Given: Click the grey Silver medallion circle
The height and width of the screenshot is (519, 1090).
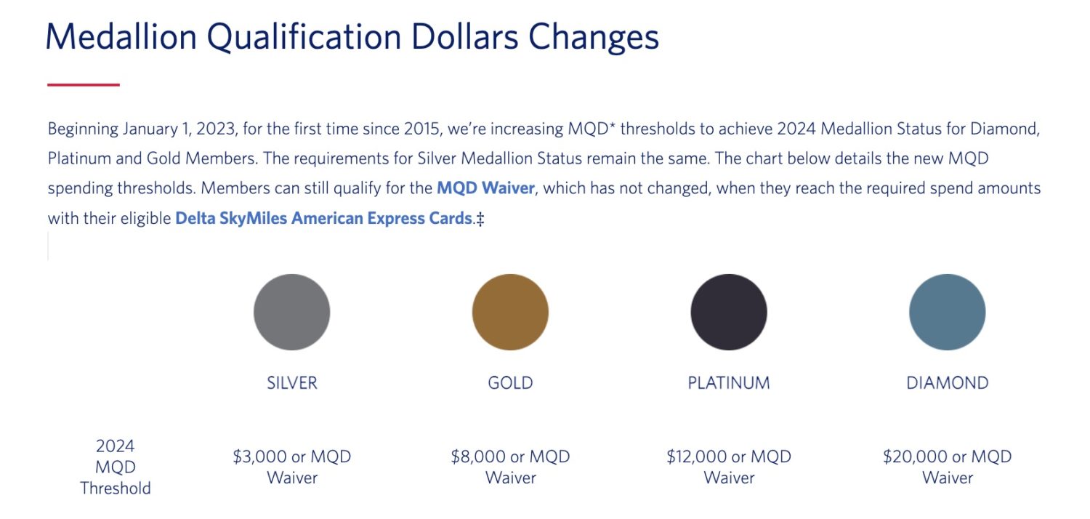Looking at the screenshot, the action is click(291, 312).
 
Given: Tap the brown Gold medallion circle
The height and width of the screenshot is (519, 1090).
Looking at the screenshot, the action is click(510, 312).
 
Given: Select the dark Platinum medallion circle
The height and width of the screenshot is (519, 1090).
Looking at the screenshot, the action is click(728, 312).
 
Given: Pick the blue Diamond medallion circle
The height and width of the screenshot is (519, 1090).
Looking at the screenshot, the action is click(947, 312).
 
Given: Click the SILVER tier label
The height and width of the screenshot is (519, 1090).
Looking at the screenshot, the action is click(292, 383).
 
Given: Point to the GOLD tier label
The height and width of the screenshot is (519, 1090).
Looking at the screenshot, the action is click(510, 383).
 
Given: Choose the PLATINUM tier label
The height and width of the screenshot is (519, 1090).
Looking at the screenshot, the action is click(728, 383).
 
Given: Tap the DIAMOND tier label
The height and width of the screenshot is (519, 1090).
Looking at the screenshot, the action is click(947, 383).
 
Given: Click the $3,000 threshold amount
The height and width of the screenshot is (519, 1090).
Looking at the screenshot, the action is click(260, 456).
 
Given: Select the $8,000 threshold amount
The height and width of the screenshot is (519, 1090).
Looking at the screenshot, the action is click(478, 456).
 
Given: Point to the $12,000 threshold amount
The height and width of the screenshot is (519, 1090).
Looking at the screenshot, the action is click(698, 456).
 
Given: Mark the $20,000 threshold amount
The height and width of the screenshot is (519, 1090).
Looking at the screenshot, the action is click(915, 456).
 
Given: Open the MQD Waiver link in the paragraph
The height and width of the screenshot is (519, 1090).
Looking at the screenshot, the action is click(485, 188).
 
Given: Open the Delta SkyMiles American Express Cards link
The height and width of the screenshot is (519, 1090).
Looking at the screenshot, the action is click(323, 218).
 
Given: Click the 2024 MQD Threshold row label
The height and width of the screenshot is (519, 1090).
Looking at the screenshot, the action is click(116, 467).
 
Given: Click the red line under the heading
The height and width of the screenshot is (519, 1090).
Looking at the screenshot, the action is click(84, 85).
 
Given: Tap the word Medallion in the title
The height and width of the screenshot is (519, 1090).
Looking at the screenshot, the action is click(121, 37).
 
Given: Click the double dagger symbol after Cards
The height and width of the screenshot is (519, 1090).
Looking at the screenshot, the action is click(480, 219).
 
